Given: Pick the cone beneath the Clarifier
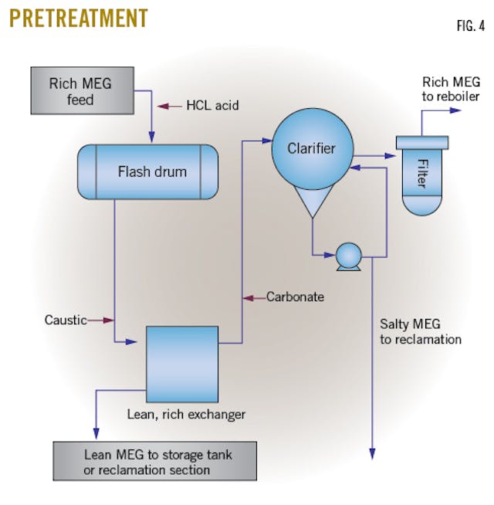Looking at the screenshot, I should click(312, 202).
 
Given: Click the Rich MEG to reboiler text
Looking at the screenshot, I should click(451, 89).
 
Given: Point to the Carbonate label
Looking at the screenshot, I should click(295, 297).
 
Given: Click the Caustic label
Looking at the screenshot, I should click(66, 320).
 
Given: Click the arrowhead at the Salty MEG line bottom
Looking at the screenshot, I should click(372, 453).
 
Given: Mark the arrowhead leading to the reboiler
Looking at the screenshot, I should click(456, 110).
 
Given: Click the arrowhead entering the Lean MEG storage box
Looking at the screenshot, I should click(96, 436).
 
